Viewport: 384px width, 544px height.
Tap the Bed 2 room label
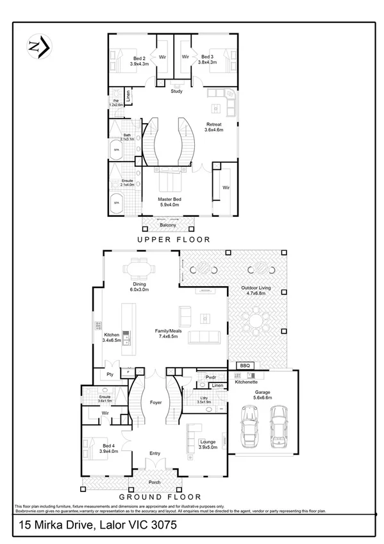(139, 60)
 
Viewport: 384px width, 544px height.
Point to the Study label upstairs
(176, 91)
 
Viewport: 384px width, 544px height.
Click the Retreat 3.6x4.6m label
(213, 127)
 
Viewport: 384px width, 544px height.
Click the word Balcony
(168, 225)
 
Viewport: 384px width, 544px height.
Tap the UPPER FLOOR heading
(173, 239)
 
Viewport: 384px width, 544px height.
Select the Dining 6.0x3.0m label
(140, 287)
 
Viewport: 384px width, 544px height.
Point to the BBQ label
(244, 366)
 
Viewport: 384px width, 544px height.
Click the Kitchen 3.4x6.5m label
(113, 337)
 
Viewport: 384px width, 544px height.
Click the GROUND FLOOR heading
(160, 497)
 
